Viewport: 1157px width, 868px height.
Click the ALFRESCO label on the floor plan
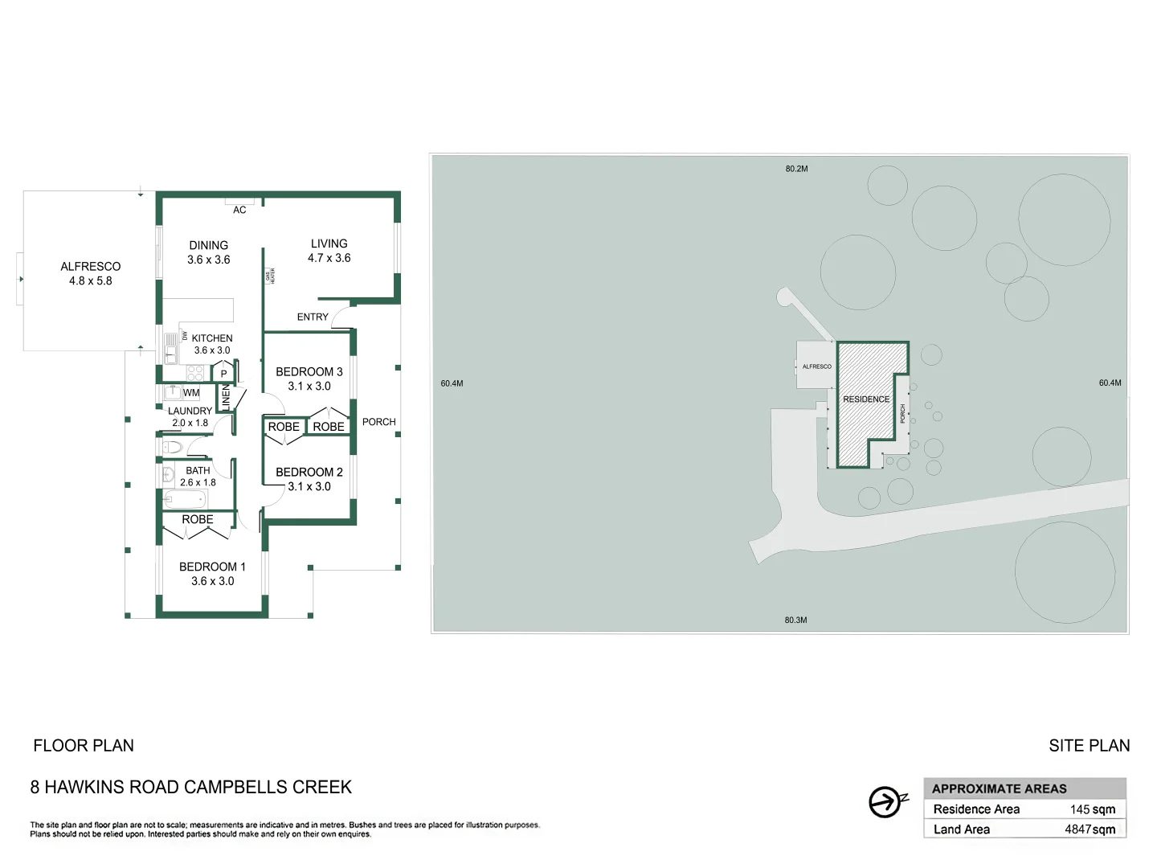click(x=90, y=266)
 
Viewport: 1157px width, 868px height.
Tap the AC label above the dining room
click(x=239, y=210)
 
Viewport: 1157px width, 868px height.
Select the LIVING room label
click(x=329, y=244)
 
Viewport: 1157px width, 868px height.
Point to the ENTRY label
click(x=313, y=317)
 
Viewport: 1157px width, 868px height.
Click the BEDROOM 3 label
click(x=309, y=372)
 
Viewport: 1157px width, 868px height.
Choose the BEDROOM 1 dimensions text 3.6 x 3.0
click(x=212, y=581)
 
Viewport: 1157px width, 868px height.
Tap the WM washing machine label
click(x=191, y=393)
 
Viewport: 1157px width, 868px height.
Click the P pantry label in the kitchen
click(x=224, y=374)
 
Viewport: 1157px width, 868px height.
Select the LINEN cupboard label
click(x=226, y=397)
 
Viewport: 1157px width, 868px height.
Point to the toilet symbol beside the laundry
click(x=172, y=447)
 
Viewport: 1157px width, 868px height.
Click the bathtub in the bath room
click(x=186, y=499)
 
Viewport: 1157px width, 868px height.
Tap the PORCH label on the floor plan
click(x=378, y=422)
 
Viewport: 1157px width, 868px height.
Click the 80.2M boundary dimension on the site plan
click(x=796, y=169)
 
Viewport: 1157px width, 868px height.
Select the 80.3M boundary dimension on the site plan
click(x=795, y=620)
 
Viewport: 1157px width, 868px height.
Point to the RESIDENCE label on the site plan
click(x=866, y=399)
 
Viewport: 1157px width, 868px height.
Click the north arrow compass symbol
click(x=886, y=801)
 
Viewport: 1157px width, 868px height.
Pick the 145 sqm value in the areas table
click(x=1092, y=809)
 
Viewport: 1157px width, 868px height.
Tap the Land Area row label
click(x=962, y=829)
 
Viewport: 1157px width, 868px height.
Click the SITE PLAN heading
click(x=1089, y=746)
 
